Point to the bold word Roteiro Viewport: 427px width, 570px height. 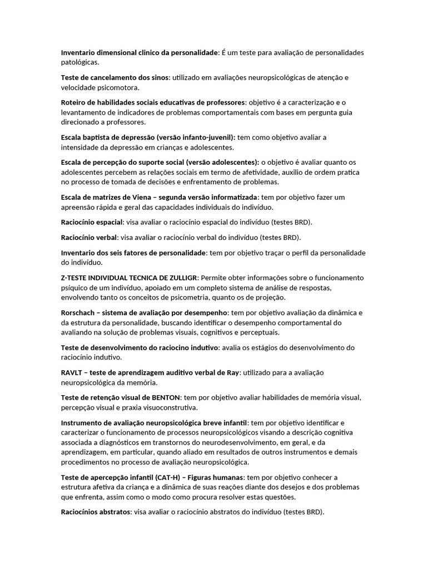[74, 102]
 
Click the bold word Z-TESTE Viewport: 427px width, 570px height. [76, 278]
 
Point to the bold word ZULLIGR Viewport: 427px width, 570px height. [182, 278]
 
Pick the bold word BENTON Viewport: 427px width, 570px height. [165, 397]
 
